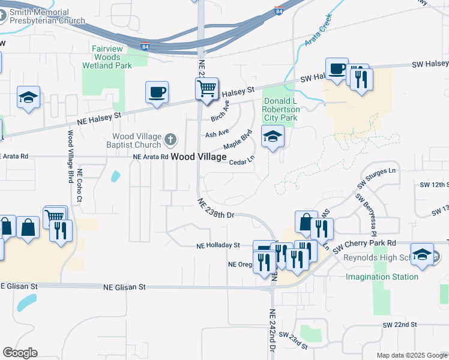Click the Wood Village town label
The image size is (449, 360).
pos(199,157)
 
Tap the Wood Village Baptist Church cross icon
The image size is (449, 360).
pos(170,140)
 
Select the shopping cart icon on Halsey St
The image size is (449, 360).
pos(206,89)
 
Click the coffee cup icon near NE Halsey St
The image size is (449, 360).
pos(157,92)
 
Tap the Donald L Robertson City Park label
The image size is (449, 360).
pos(281,110)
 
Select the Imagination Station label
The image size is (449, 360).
pos(382,277)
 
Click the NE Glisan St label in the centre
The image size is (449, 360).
pos(125,287)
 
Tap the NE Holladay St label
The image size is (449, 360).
pos(218,245)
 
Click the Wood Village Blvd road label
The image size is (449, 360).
pos(70,157)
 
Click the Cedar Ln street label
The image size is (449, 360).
pos(243,161)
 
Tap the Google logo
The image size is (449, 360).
pos(20,353)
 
